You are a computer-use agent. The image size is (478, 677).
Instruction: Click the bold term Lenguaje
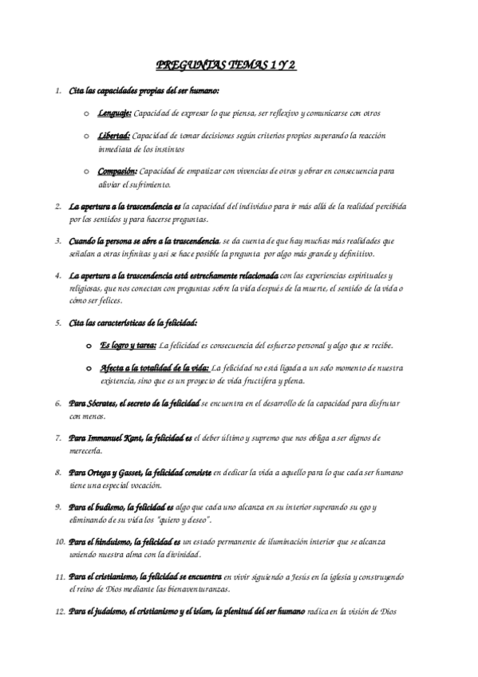coord(116,113)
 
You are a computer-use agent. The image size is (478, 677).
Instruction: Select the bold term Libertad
coord(114,136)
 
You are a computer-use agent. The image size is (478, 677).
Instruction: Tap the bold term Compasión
coord(118,171)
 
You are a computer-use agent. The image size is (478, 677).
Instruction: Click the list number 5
coord(58,323)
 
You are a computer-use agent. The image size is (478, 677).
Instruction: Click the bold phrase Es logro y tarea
coord(128,345)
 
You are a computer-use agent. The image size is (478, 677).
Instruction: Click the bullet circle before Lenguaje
coord(86,113)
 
